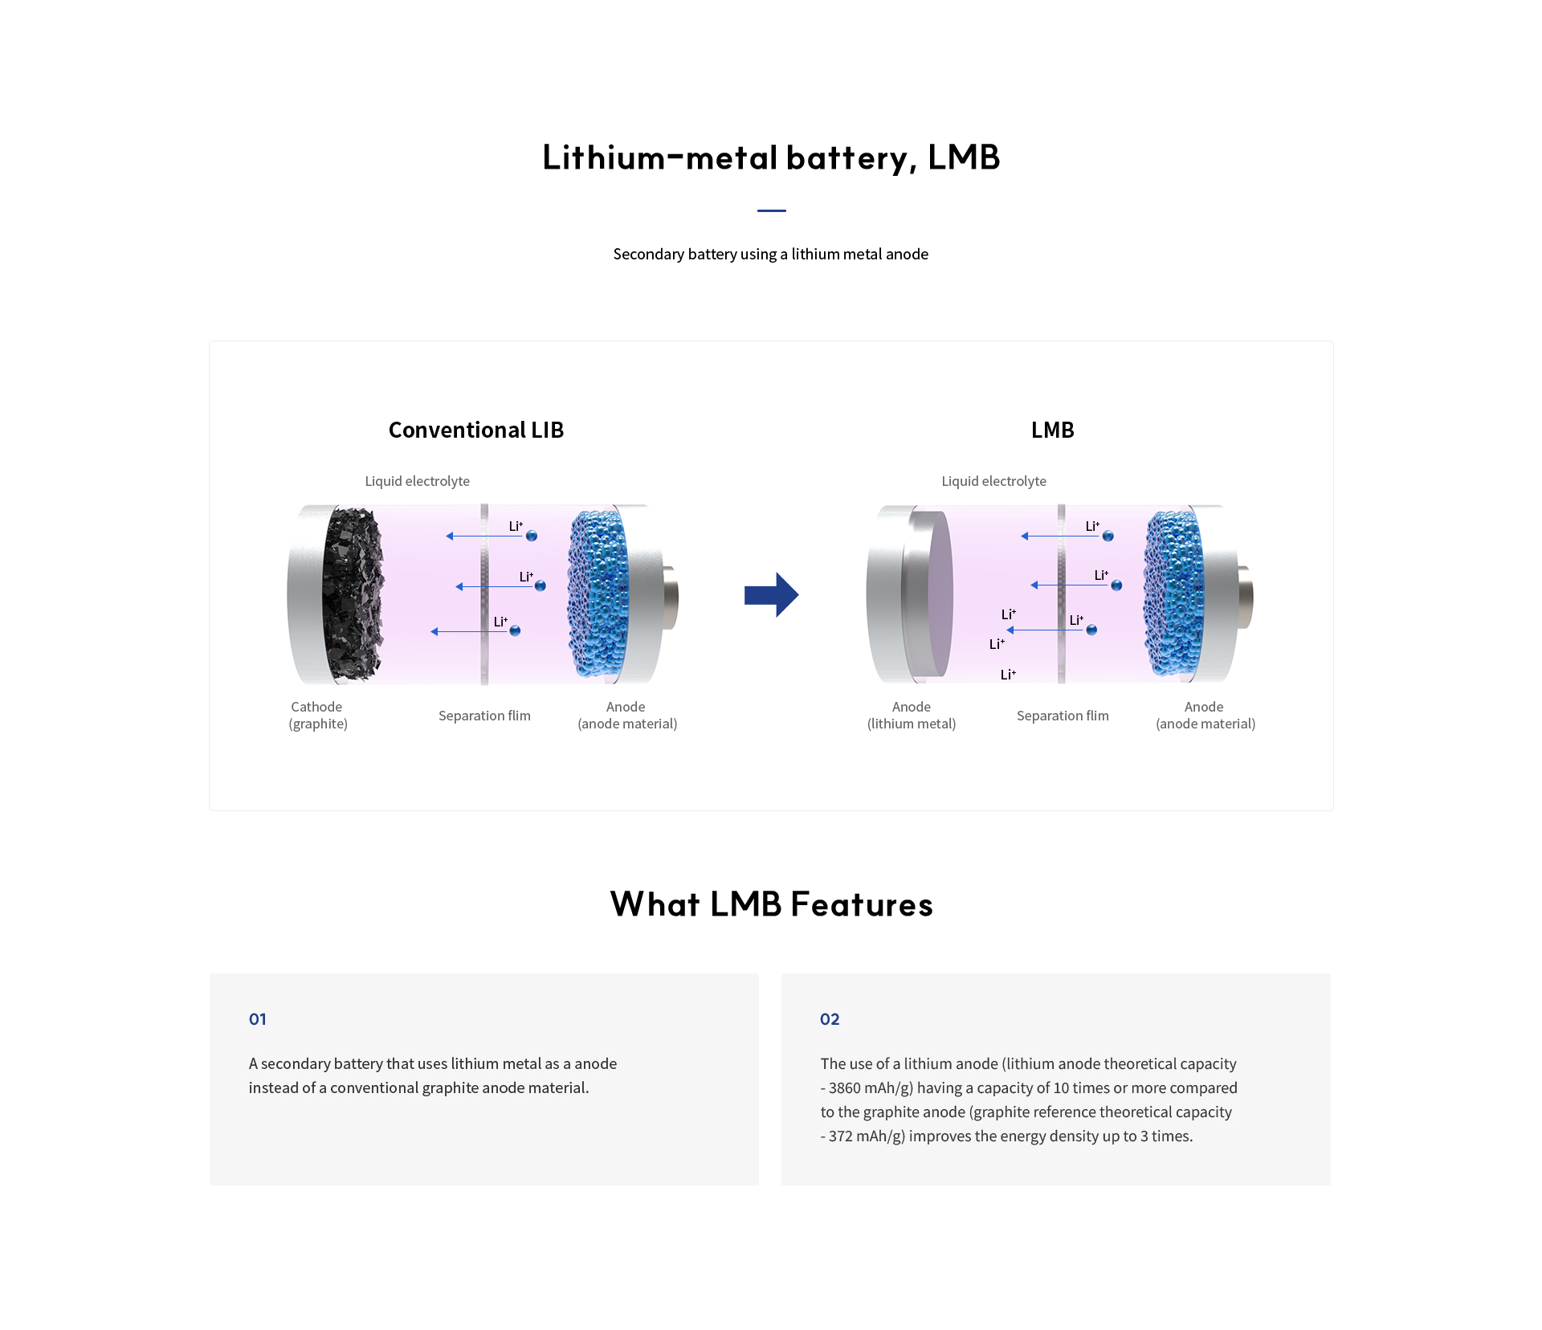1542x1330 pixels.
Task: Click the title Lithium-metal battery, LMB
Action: click(x=771, y=157)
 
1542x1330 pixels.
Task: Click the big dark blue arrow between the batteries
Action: click(x=771, y=595)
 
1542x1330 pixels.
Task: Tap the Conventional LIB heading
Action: click(x=476, y=430)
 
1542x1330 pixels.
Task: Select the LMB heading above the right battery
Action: click(x=1052, y=430)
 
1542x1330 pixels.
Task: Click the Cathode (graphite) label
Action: click(x=318, y=715)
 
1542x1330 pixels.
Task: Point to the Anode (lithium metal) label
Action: click(x=912, y=715)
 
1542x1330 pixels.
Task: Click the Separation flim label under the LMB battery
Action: click(x=1063, y=716)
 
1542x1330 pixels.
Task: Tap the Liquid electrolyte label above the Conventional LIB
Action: click(x=418, y=481)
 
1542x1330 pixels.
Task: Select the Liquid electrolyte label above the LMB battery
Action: click(x=994, y=481)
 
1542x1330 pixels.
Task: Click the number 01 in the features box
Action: click(x=258, y=1019)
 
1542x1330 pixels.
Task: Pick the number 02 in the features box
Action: click(x=830, y=1019)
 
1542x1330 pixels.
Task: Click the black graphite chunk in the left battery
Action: click(x=353, y=594)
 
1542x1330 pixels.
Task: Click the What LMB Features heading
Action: click(x=771, y=904)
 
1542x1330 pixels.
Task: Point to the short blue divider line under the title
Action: click(x=771, y=210)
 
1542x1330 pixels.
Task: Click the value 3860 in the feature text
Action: click(x=845, y=1088)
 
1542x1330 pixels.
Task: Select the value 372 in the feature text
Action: click(x=841, y=1136)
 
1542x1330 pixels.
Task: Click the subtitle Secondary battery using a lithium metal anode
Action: click(x=771, y=254)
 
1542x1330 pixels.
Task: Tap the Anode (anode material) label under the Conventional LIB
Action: click(x=627, y=715)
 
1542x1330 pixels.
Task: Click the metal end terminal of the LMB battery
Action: click(x=1245, y=596)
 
